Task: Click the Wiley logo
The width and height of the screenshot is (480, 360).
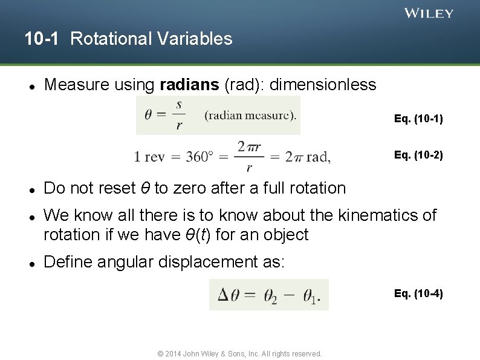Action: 429,13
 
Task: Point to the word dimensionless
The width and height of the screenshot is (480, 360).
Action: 323,85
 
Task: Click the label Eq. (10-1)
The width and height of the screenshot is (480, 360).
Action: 418,119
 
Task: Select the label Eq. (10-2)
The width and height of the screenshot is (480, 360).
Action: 418,155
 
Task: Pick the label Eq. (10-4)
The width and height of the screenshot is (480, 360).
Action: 418,294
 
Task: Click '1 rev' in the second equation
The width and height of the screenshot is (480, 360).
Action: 149,157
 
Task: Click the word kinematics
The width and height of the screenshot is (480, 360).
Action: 357,215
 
